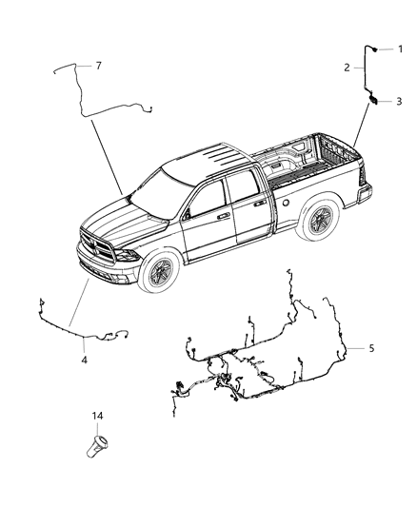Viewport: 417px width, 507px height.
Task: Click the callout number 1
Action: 400,49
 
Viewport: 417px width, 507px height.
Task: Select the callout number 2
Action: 348,68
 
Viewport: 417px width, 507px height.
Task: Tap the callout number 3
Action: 400,101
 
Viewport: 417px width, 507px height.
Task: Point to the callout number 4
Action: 84,360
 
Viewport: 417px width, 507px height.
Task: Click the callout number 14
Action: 98,417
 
